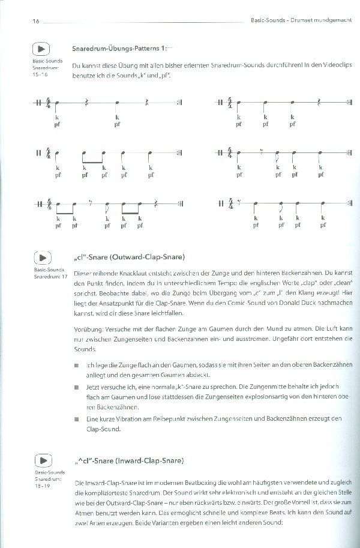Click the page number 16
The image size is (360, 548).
pyautogui.click(x=35, y=21)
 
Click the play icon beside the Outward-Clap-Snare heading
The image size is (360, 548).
pyautogui.click(x=41, y=258)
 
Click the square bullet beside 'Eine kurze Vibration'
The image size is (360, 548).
pyautogui.click(x=76, y=418)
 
